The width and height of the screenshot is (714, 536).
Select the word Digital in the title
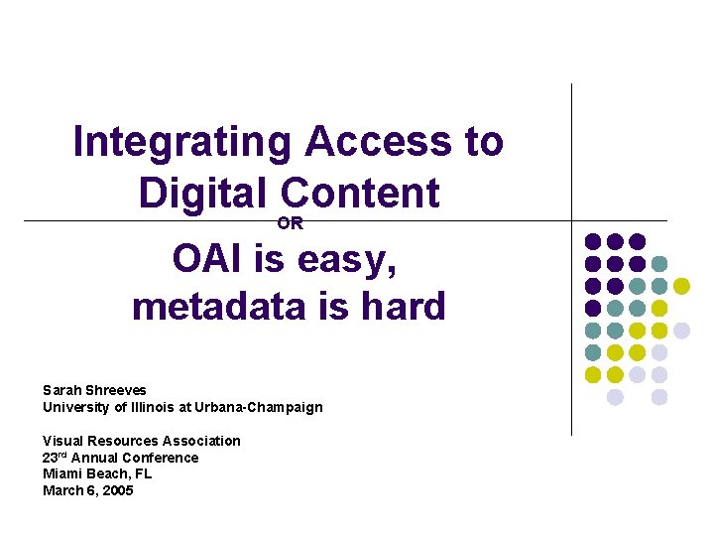202,193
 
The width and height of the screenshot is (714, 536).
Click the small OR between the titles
290,224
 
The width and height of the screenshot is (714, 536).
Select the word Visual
61,441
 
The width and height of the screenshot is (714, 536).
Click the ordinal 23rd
55,458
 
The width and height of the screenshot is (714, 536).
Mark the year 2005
117,490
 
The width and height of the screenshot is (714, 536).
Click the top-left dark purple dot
593,241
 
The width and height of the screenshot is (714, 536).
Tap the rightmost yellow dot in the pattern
681,286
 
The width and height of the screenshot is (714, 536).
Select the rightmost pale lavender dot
681,331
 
